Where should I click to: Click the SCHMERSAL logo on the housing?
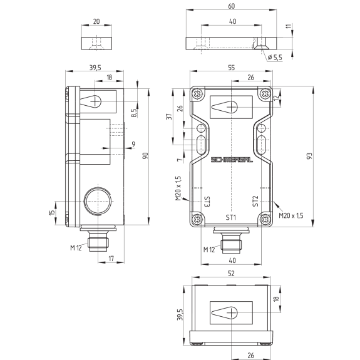(232, 160)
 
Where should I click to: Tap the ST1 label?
(231, 217)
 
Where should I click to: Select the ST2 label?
(255, 201)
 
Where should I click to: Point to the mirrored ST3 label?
(207, 202)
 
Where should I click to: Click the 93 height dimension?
(309, 156)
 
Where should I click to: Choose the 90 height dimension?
(145, 156)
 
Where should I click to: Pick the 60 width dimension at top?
(232, 6)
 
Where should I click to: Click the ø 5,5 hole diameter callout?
(275, 57)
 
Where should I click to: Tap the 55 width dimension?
(232, 68)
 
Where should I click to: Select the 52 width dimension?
(231, 273)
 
